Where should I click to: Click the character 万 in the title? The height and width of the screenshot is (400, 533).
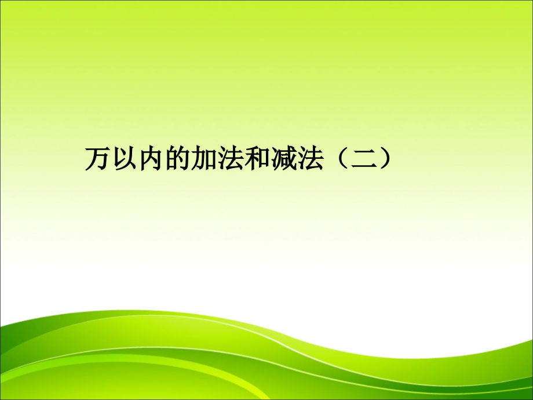[96, 159]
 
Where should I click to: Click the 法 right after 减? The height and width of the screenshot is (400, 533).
[297, 159]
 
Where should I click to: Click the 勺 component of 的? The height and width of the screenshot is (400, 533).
[177, 159]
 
